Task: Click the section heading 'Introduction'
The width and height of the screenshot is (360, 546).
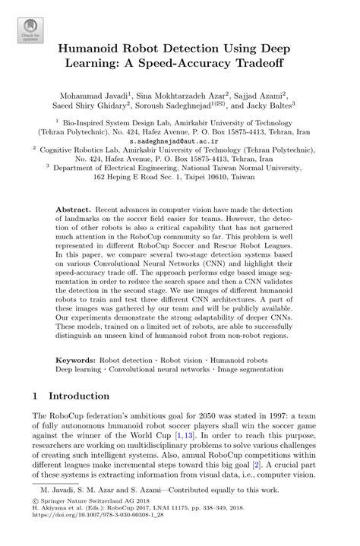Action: click(x=79, y=396)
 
